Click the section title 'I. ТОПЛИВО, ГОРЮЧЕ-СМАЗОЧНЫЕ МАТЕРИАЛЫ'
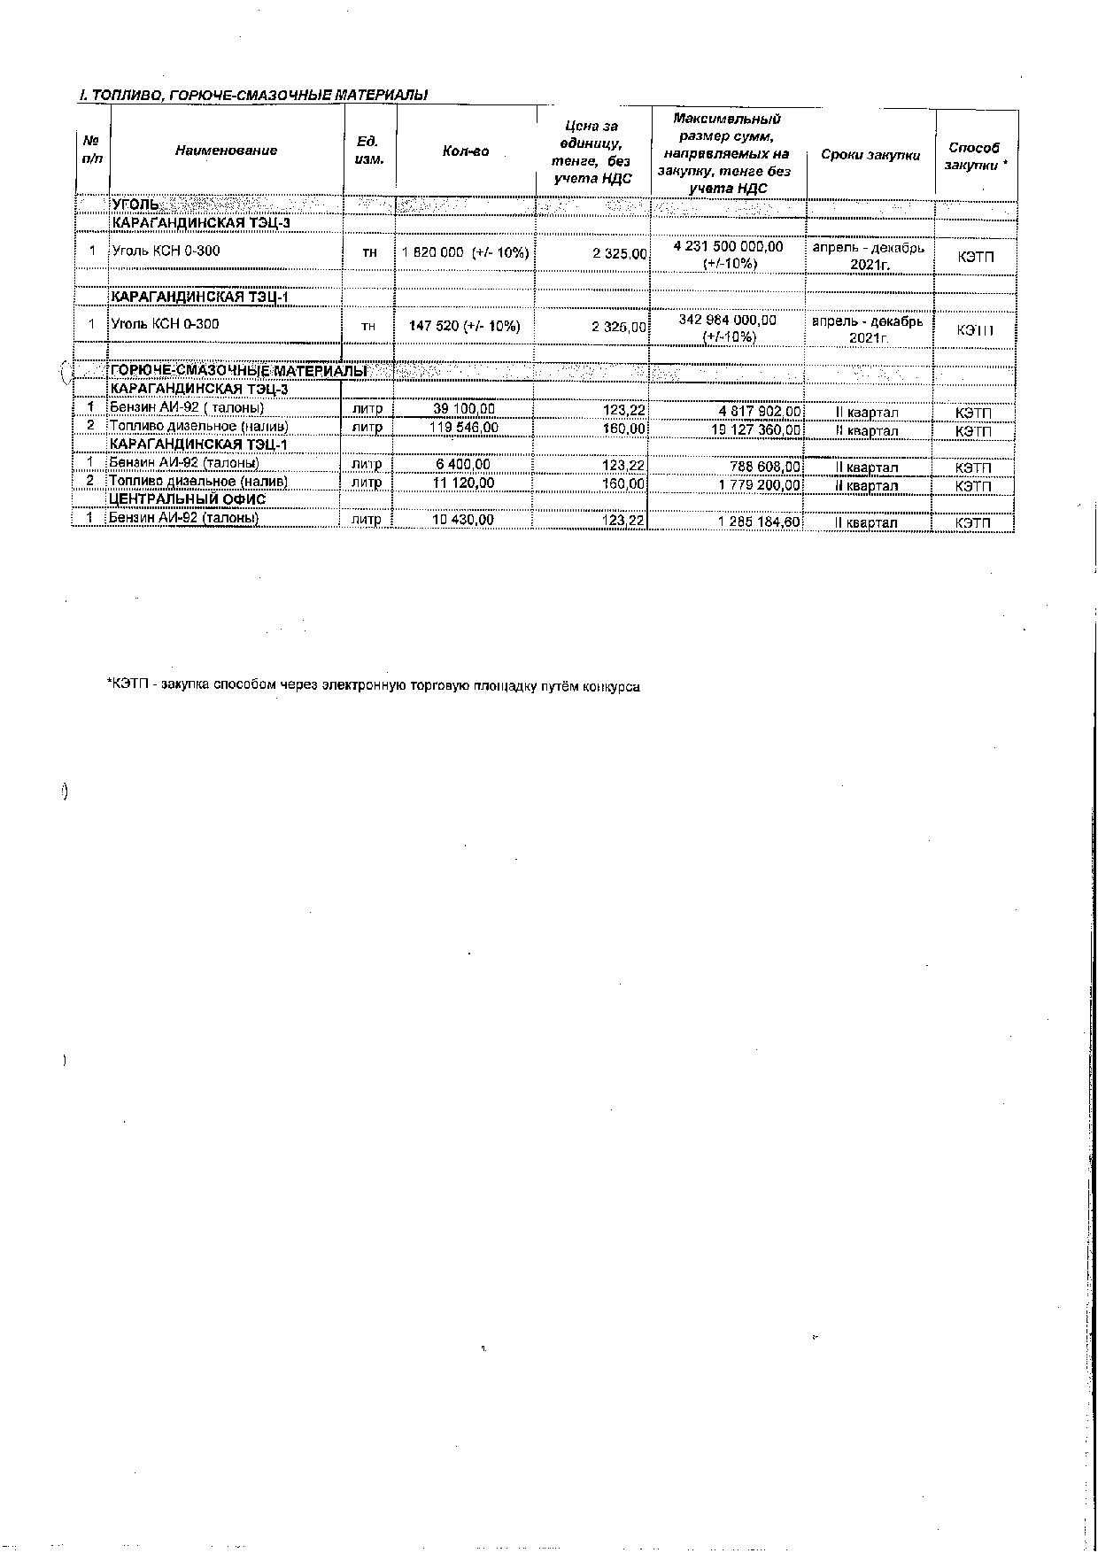point(253,95)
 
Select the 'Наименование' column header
point(226,151)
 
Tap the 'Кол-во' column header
point(466,151)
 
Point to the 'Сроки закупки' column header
point(870,155)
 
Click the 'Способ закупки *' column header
point(976,156)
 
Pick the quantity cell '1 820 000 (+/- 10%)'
point(466,253)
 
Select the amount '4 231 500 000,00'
point(729,247)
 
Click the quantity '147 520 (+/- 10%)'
point(465,326)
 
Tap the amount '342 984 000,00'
point(728,320)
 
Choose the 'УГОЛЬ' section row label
point(136,205)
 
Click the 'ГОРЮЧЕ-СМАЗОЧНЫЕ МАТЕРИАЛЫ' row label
point(238,371)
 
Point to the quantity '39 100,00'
point(464,409)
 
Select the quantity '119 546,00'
point(464,428)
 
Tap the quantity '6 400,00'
point(464,464)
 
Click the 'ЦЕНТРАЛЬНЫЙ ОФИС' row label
point(187,499)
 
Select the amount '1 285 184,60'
point(760,522)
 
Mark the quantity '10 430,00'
point(463,519)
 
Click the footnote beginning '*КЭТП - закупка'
point(373,685)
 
